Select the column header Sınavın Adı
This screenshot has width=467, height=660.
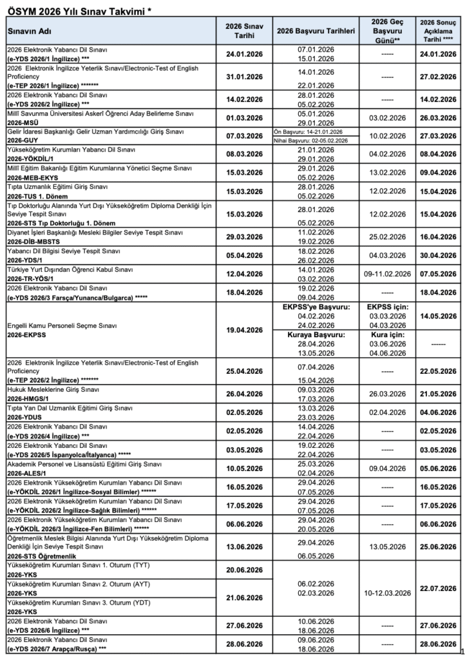[x=30, y=31]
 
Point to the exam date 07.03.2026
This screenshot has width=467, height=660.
[x=244, y=136]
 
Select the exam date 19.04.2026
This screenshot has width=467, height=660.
[x=244, y=330]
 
